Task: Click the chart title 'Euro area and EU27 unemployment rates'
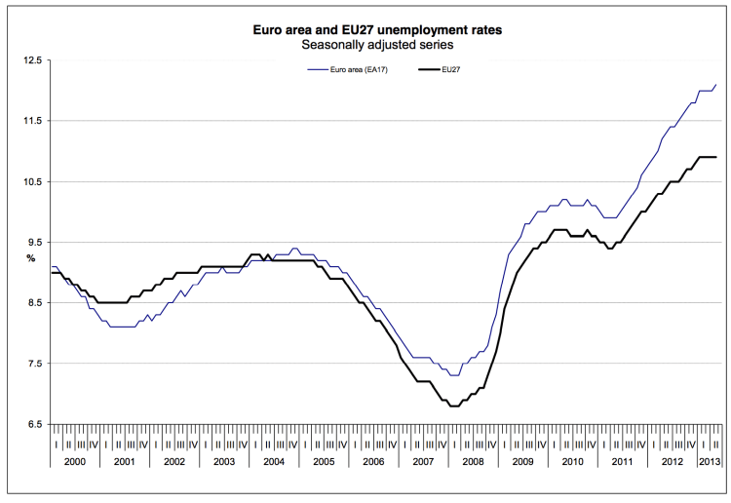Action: [379, 30]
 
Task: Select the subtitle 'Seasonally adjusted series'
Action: [379, 45]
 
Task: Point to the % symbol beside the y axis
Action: [30, 259]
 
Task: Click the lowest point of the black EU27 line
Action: [454, 406]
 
